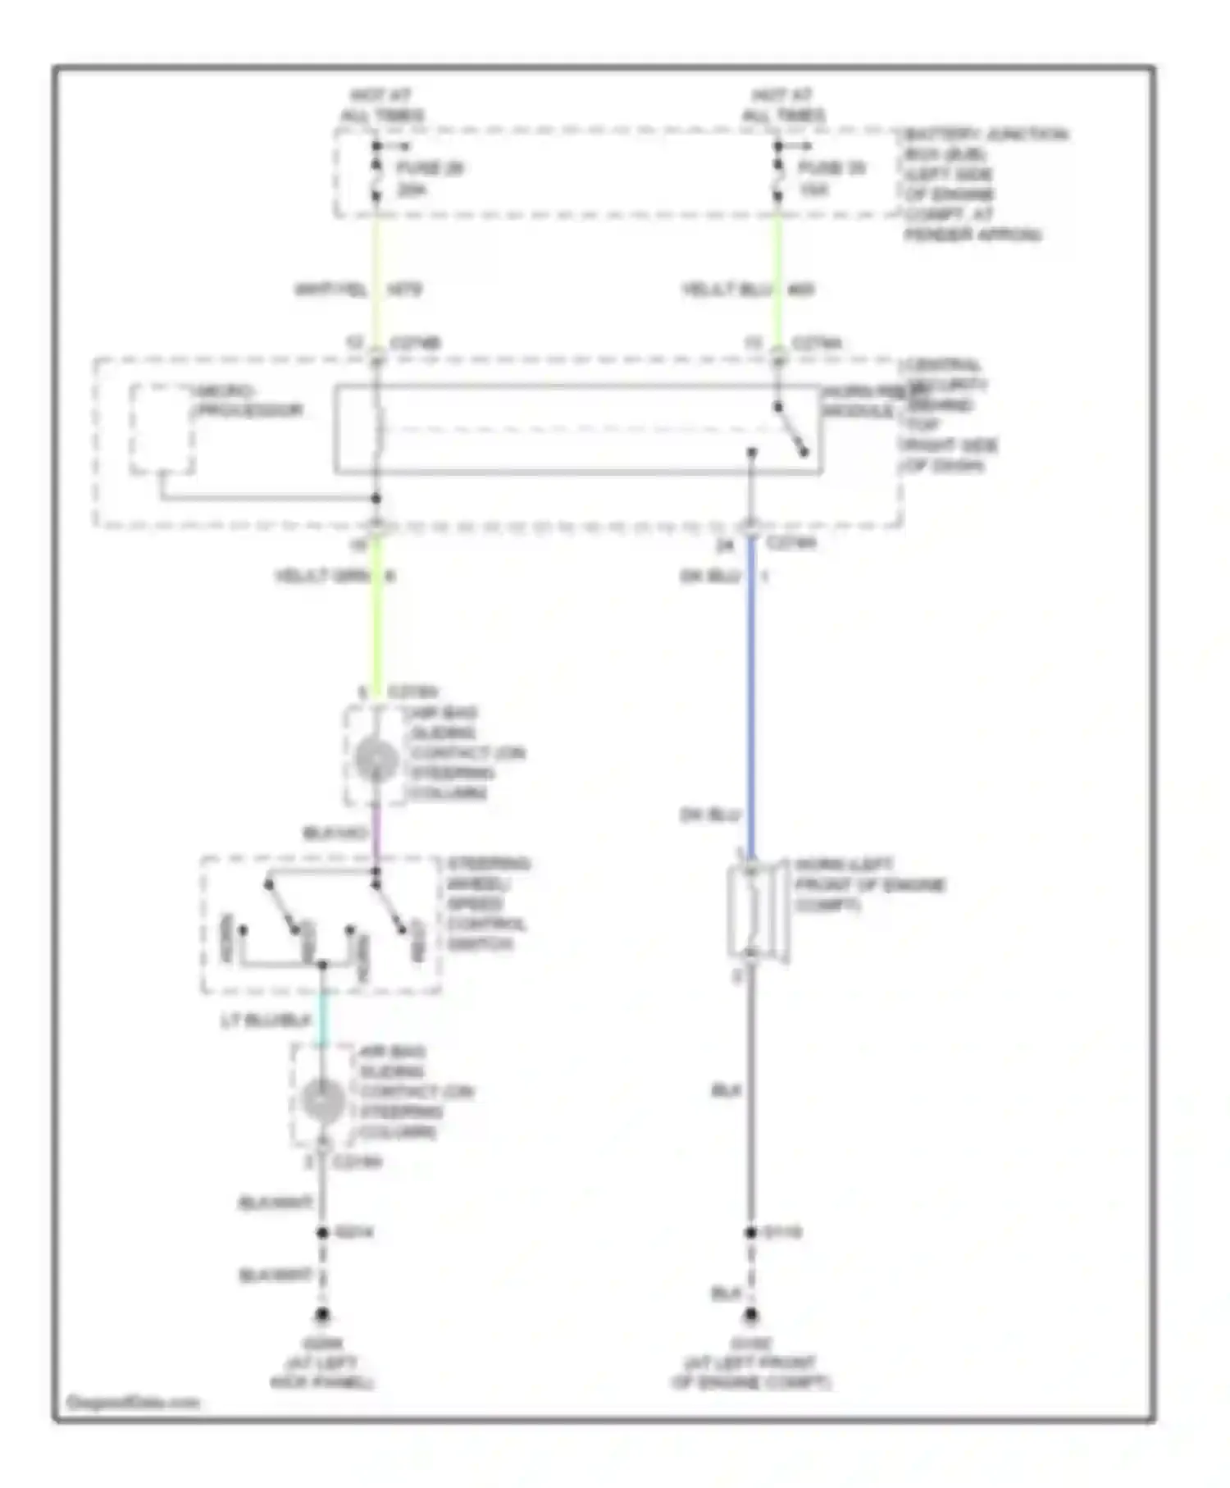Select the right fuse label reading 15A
click(813, 190)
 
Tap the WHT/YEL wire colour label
click(330, 290)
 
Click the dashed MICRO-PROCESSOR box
click(162, 429)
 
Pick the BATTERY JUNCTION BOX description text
click(976, 184)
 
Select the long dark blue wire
click(751, 697)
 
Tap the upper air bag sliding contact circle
click(376, 760)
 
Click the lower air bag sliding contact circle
click(323, 1100)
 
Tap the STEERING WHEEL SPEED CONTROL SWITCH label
click(487, 904)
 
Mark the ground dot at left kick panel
click(322, 1316)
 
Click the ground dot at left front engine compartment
click(751, 1316)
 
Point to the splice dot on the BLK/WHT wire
click(322, 1232)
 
